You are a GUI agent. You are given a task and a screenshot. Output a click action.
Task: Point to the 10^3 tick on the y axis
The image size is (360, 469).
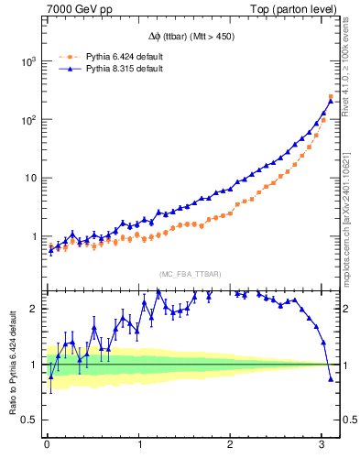27,61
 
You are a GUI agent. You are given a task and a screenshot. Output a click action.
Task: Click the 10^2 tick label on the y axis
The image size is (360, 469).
27,120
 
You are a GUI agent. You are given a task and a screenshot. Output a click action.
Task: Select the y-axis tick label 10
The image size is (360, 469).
30,178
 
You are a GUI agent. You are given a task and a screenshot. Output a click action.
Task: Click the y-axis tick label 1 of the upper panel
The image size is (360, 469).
35,236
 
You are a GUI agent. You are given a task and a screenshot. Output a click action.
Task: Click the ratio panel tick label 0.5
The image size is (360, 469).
30,420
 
